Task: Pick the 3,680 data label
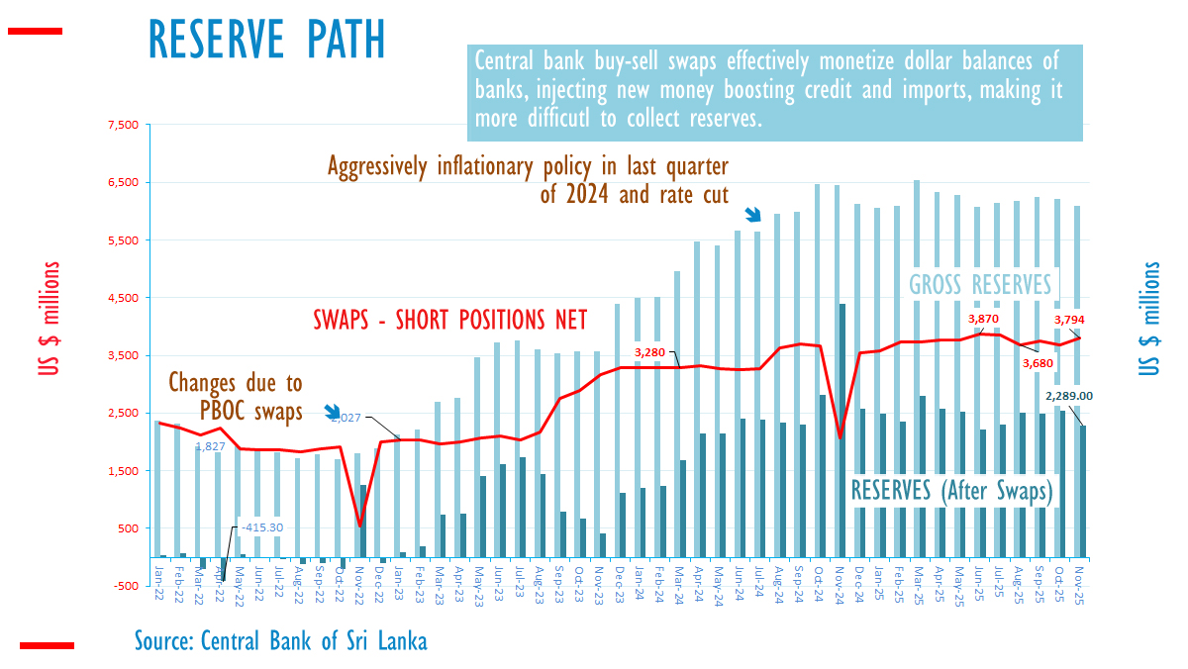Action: pyautogui.click(x=1039, y=363)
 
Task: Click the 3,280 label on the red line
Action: pyautogui.click(x=655, y=352)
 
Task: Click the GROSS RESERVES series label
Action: pyautogui.click(x=980, y=285)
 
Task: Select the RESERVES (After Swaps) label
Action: pyautogui.click(x=951, y=490)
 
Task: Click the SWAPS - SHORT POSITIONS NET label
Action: pyautogui.click(x=450, y=320)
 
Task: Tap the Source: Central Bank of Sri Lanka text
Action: pyautogui.click(x=281, y=641)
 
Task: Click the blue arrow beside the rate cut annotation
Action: pyautogui.click(x=752, y=214)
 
